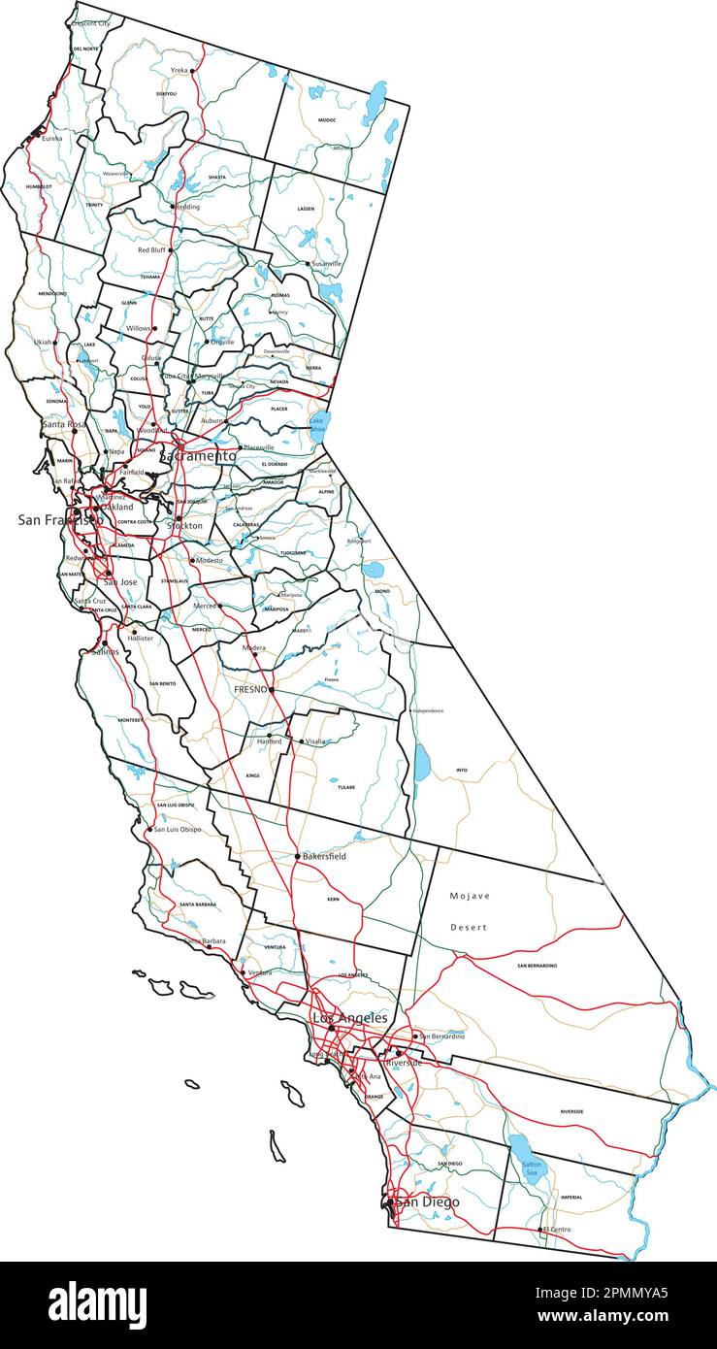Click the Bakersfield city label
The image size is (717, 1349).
(x=325, y=857)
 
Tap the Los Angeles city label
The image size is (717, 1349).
(x=349, y=1018)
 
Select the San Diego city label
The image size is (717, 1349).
(x=427, y=1202)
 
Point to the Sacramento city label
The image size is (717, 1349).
(x=198, y=455)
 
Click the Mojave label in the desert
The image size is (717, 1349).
(x=470, y=896)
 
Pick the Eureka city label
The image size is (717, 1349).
(x=51, y=139)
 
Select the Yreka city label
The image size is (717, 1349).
(x=179, y=71)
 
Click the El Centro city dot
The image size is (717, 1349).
(x=540, y=1230)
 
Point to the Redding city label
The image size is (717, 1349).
(x=187, y=207)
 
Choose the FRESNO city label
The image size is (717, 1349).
(x=250, y=689)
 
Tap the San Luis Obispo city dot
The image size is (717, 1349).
(x=149, y=830)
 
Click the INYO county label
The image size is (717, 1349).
(x=462, y=771)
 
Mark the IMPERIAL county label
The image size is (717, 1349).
(x=571, y=1197)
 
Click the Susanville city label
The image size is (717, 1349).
(x=327, y=264)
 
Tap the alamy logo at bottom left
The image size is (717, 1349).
(x=97, y=1304)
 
